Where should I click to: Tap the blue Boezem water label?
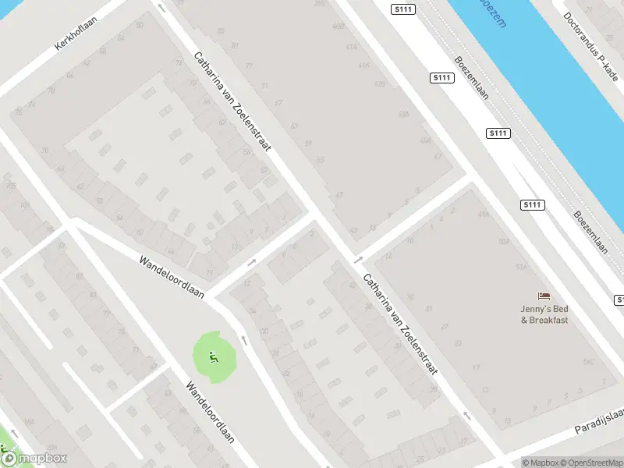[492, 12]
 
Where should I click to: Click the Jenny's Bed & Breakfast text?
[544, 314]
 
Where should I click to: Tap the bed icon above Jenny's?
[544, 295]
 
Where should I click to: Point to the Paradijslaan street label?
[599, 421]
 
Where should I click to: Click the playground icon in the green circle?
[213, 357]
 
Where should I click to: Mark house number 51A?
[522, 265]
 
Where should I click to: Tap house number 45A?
[425, 140]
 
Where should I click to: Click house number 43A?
[403, 114]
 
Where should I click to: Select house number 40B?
[338, 26]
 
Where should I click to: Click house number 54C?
[588, 362]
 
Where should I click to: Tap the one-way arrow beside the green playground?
[243, 339]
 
